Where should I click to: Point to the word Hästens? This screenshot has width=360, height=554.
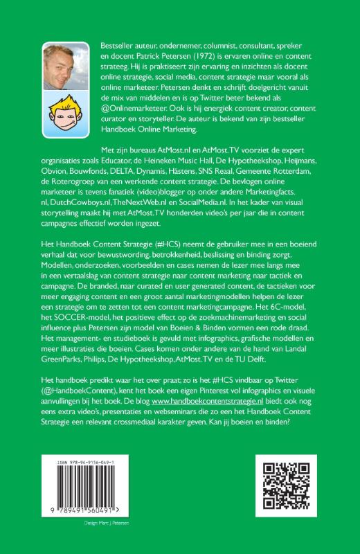click(x=199, y=172)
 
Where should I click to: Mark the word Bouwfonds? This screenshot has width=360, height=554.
click(x=116, y=172)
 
